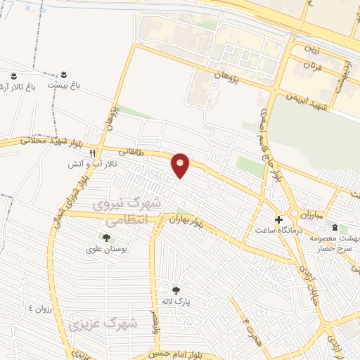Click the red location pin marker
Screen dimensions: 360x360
point(181,165)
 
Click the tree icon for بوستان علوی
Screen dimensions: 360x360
point(106,238)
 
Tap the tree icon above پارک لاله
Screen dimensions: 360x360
point(176,290)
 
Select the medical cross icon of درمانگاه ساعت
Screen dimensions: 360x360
point(278,219)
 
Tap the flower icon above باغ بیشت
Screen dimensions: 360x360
point(64,74)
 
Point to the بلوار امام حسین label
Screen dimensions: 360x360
point(185,354)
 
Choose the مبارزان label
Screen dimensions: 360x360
point(307,213)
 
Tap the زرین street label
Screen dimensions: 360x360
point(311,51)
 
